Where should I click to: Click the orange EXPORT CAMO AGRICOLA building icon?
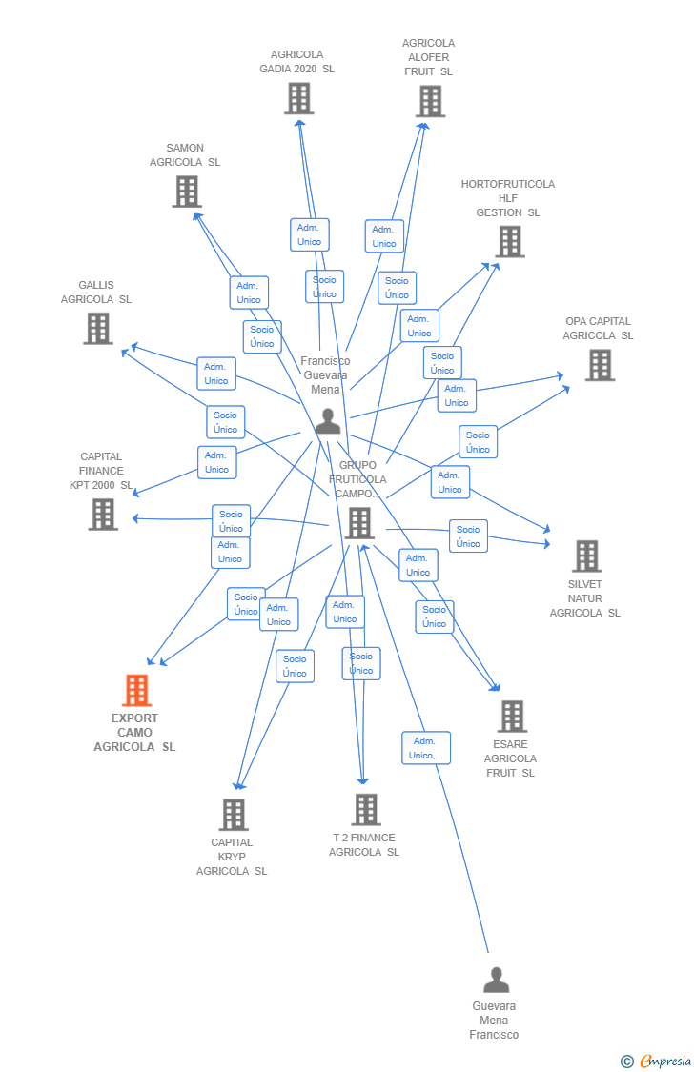[137, 690]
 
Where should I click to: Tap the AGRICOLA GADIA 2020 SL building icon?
[298, 98]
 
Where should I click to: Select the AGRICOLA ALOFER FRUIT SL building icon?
[430, 101]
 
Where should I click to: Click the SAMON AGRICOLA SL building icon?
[187, 191]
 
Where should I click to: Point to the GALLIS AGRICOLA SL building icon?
[97, 328]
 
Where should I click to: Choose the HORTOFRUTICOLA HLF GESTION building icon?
[510, 241]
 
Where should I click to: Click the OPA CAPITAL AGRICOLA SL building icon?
[600, 364]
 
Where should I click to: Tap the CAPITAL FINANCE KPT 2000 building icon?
[103, 514]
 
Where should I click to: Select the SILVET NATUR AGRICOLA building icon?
[586, 556]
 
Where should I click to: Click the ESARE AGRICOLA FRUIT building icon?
[512, 716]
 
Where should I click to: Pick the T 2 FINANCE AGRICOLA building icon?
[366, 809]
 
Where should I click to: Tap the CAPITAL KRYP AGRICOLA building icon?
[234, 814]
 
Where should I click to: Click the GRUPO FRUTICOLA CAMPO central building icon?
[359, 522]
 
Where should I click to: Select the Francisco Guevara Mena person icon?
[328, 421]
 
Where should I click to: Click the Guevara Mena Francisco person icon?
[496, 980]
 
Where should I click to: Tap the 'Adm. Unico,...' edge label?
[425, 748]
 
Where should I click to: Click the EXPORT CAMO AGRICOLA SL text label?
[134, 733]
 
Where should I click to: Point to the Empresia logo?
[665, 1061]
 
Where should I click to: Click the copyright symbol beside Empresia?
[626, 1061]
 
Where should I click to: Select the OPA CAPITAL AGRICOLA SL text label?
[598, 328]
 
